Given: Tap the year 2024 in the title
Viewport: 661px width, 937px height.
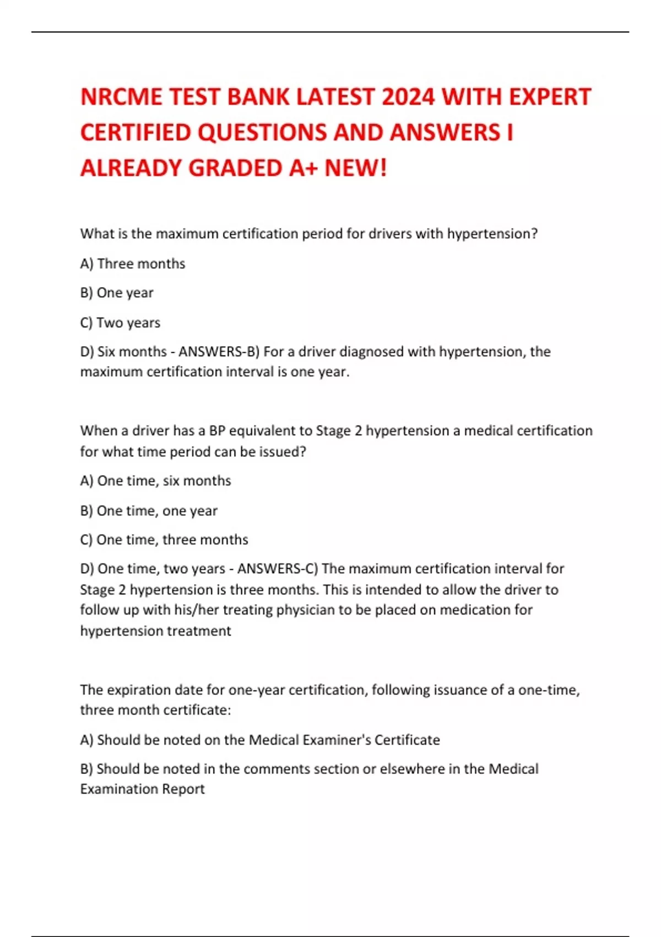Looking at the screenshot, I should pos(408,97).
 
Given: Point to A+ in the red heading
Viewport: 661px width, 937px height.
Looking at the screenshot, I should pos(304,168).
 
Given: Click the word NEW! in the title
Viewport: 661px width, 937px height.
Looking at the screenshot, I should pos(356,168).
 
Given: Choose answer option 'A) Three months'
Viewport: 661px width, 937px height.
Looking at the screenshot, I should pos(133,264).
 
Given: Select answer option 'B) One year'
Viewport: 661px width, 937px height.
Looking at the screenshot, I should pos(117,293).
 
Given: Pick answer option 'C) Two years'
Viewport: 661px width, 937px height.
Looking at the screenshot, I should pos(120,322).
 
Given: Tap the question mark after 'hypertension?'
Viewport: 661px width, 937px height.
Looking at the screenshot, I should pos(534,234).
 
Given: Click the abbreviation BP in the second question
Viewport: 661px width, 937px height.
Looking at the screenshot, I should pos(217,430).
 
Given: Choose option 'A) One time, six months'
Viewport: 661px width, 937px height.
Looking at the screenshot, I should pos(155,481).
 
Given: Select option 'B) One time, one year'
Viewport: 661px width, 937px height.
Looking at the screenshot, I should pos(149,511).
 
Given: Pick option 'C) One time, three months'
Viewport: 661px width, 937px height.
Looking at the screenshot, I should pos(164,540).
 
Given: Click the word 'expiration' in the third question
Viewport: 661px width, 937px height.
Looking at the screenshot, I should pos(139,690).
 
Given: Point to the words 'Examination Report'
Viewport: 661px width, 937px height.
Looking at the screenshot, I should pos(142,789).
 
